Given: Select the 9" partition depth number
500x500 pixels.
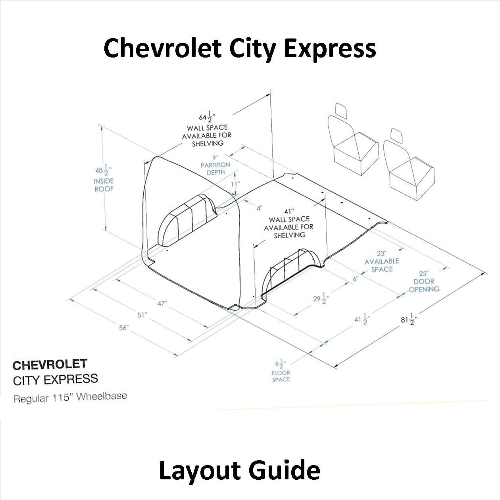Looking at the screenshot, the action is click(x=215, y=158).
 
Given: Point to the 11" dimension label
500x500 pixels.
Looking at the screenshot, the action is click(x=235, y=184).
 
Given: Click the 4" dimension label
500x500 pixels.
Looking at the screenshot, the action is click(x=260, y=208).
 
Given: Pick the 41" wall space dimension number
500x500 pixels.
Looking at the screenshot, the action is click(x=289, y=211).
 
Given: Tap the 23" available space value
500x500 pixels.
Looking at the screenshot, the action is click(x=381, y=253).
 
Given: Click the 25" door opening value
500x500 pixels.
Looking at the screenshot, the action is click(x=424, y=273).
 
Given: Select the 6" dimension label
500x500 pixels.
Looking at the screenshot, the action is click(x=356, y=279).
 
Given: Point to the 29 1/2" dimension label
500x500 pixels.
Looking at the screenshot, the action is click(x=321, y=298).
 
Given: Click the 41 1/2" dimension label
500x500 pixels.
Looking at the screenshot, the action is click(x=362, y=319).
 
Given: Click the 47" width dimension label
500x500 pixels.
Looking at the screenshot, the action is click(x=162, y=303).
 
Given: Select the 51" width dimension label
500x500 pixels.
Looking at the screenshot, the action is click(x=142, y=315).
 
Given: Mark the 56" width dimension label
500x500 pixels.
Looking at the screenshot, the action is click(x=124, y=327).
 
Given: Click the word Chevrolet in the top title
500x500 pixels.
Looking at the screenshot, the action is click(x=162, y=48).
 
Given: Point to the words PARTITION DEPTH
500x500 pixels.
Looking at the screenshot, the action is click(x=215, y=168).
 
